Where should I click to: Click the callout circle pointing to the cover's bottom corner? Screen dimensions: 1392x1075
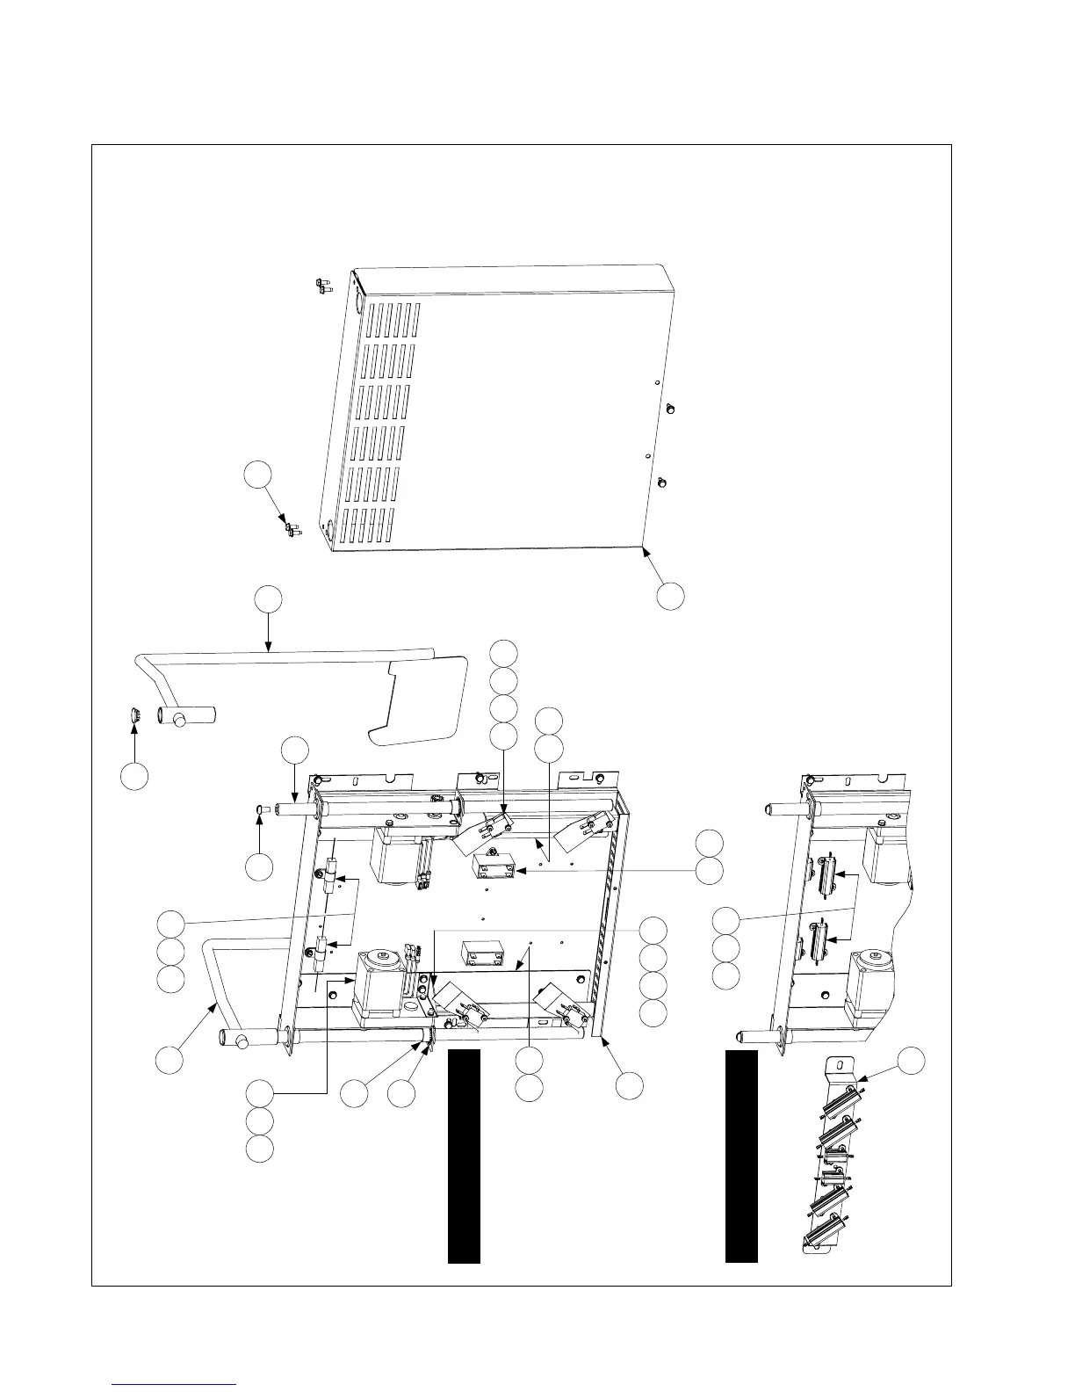pos(670,595)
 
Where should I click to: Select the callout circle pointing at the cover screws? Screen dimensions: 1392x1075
pos(256,475)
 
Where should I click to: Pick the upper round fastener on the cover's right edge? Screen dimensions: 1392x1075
pos(671,408)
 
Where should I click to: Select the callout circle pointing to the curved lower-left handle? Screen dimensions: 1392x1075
pos(169,1059)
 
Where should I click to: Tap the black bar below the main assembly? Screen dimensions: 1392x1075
pos(464,1156)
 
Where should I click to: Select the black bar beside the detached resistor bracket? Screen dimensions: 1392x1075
pos(741,1156)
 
